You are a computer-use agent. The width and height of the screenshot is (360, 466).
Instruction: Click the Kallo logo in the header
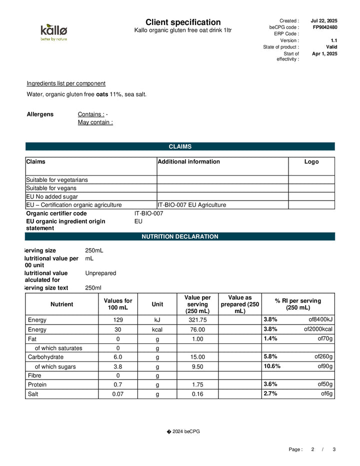53,32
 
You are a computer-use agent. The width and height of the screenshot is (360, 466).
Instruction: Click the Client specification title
183,22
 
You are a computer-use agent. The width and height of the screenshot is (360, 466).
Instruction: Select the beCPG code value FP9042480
325,27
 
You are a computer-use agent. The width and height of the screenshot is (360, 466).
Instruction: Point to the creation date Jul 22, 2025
324,20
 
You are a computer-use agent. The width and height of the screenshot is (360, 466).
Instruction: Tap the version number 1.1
334,40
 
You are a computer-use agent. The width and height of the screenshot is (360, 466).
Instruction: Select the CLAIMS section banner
180,146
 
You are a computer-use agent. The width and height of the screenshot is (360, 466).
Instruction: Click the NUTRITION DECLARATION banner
180,236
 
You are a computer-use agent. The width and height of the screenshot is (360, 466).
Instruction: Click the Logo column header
311,161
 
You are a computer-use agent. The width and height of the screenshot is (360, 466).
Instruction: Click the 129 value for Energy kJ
118,320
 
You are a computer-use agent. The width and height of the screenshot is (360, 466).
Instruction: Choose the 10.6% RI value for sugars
272,366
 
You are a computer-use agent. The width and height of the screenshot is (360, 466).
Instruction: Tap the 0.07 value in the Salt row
118,394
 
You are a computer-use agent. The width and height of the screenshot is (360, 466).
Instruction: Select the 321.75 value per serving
197,320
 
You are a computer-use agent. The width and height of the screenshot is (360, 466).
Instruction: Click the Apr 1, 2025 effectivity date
324,53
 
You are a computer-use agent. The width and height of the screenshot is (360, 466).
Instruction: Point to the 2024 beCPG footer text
182,431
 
